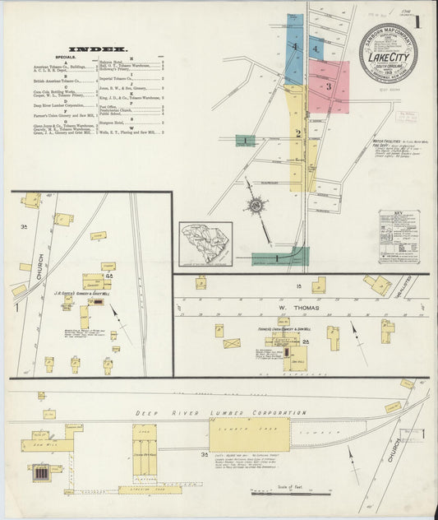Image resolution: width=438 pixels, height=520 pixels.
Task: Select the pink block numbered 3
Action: pyautogui.click(x=328, y=85)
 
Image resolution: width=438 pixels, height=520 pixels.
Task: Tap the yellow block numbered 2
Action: pyautogui.click(x=297, y=131)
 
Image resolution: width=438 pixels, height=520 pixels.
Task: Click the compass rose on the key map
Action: pyautogui.click(x=257, y=203)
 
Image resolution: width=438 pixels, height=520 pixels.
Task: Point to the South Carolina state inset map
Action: pyautogui.click(x=205, y=244)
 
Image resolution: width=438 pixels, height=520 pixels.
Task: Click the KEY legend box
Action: pyautogui.click(x=399, y=236)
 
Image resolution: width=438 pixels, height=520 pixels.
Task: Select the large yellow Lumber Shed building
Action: pyautogui.click(x=249, y=434)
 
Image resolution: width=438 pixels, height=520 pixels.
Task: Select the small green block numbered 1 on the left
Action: pyautogui.click(x=245, y=141)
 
